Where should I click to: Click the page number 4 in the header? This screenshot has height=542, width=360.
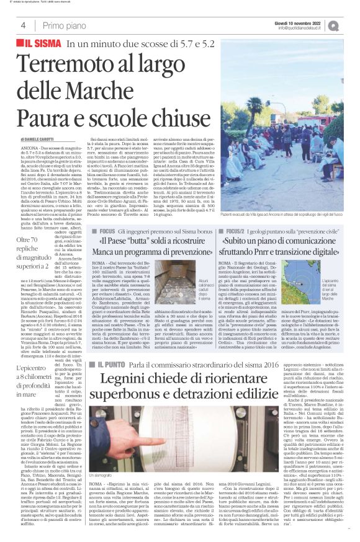22,25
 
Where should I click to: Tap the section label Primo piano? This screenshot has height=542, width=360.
62,25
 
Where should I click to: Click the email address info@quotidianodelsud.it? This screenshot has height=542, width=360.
302,28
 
